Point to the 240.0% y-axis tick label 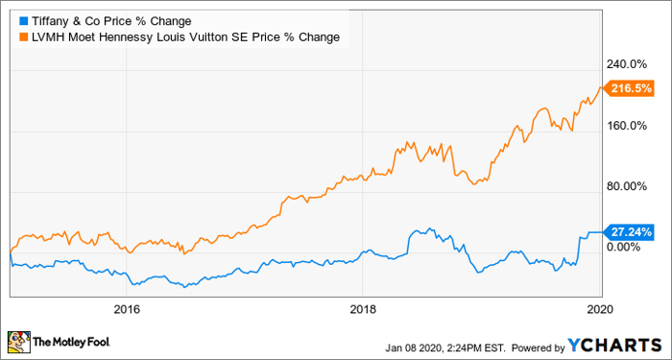click(634, 63)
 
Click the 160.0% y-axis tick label click(634, 125)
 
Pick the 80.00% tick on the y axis click(634, 186)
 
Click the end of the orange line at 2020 click(601, 88)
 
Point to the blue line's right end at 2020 click(601, 231)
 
